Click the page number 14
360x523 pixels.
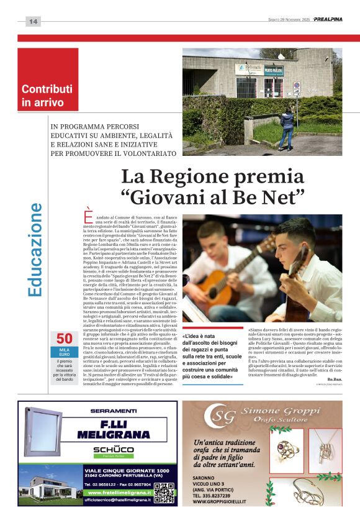[x=33, y=22]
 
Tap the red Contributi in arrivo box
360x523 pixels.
[x=48, y=80]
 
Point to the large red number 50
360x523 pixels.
[x=65, y=339]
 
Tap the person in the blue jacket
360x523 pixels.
[x=287, y=127]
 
